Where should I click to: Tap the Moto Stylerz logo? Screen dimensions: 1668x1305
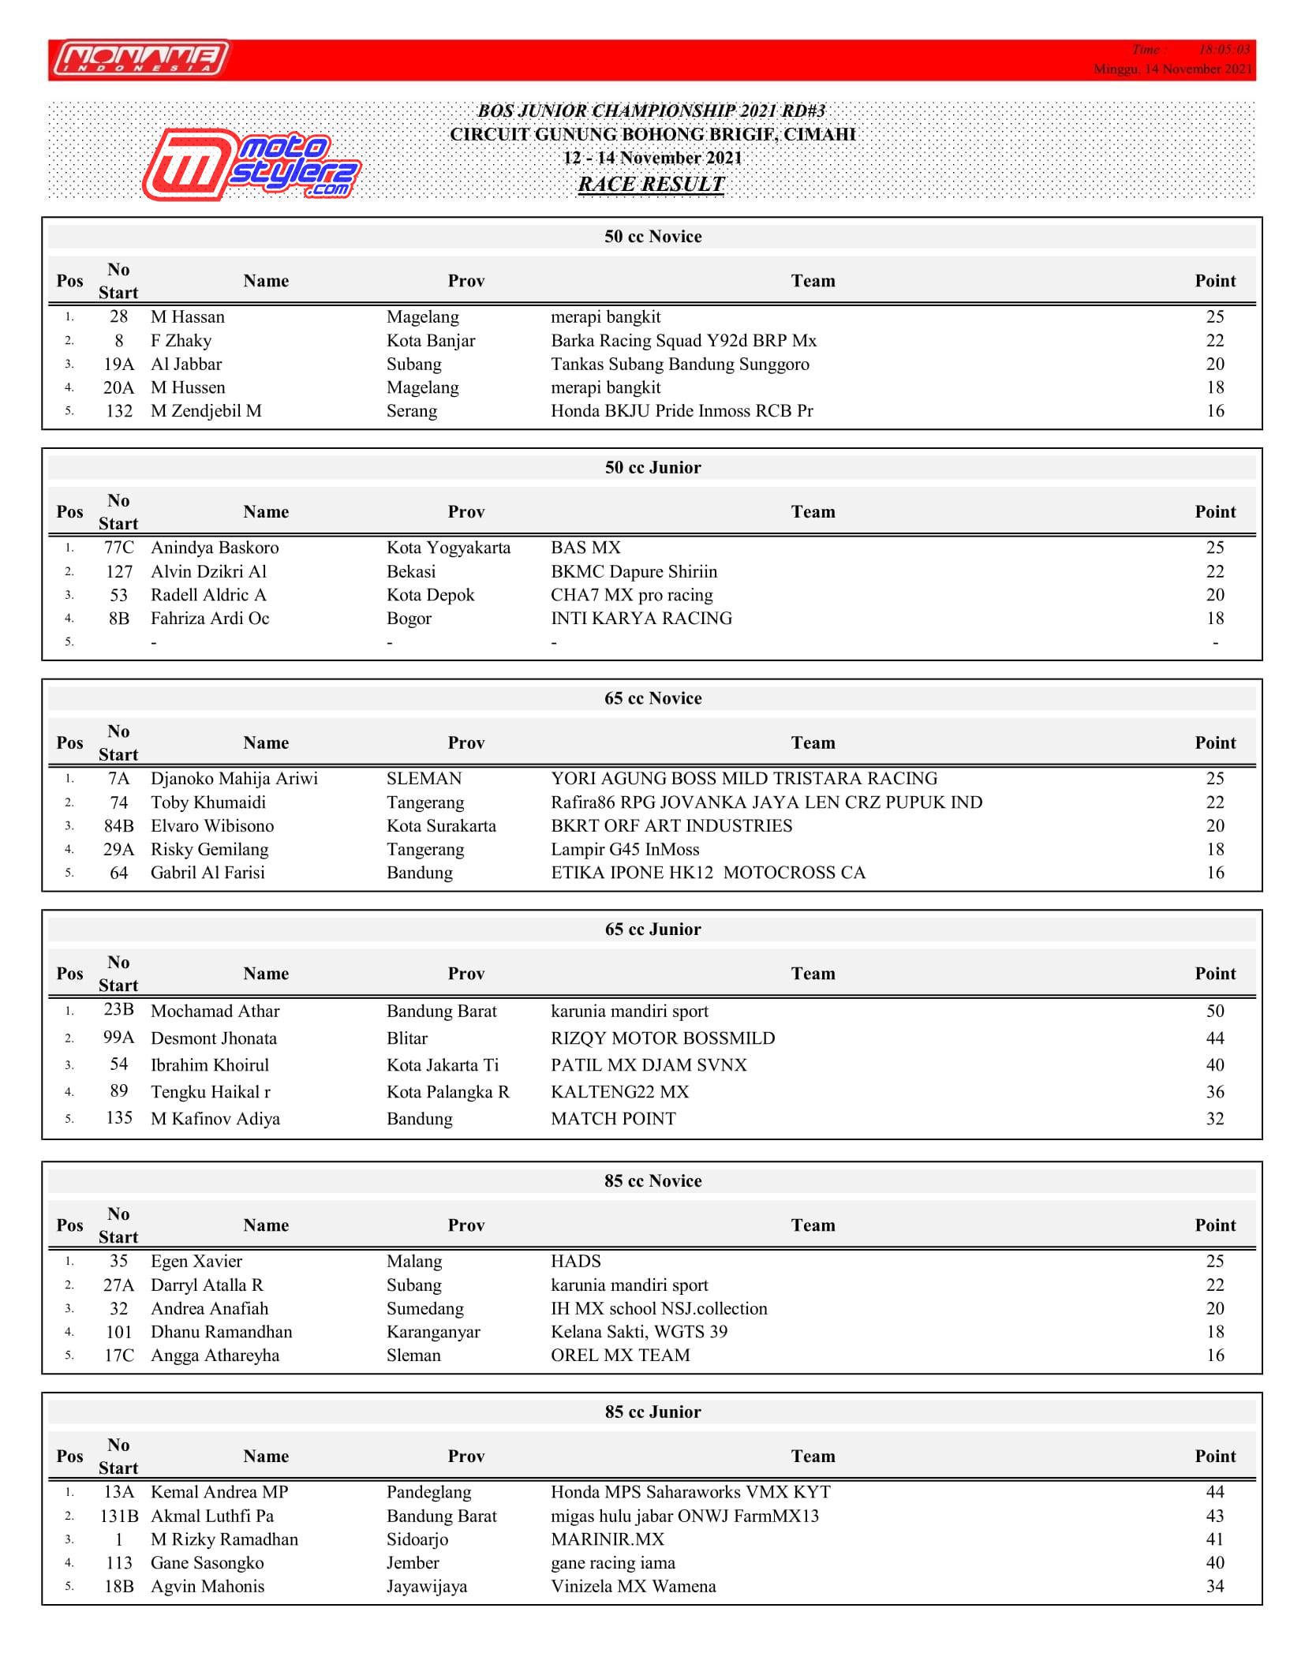coord(251,166)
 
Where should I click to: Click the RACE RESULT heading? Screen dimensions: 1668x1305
coord(651,185)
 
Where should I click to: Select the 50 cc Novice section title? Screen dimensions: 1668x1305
coord(652,237)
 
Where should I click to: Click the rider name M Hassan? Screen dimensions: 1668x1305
coord(188,317)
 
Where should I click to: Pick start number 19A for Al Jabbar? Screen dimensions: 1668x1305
coord(118,365)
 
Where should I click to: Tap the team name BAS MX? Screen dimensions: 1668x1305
coord(585,548)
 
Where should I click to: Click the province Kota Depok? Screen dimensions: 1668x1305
coord(430,595)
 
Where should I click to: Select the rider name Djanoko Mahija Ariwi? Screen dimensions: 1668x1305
coord(234,779)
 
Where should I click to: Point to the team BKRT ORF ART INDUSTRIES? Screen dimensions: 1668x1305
coord(671,826)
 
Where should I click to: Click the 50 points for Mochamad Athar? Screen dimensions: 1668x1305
coord(1214,1012)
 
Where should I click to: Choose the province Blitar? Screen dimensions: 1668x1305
coord(407,1038)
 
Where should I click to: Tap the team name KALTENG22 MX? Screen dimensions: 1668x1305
coord(619,1092)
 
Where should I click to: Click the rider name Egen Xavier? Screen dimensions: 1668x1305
coord(196,1262)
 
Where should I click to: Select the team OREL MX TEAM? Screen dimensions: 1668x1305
coord(620,1356)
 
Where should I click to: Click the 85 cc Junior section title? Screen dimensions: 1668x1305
coord(652,1412)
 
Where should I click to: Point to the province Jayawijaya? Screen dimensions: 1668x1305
coord(427,1587)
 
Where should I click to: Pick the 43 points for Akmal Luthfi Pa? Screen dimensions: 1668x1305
coord(1214,1516)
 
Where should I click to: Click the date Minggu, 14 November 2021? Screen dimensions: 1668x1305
coord(1172,69)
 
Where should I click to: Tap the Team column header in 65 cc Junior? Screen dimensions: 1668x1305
coord(813,974)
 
